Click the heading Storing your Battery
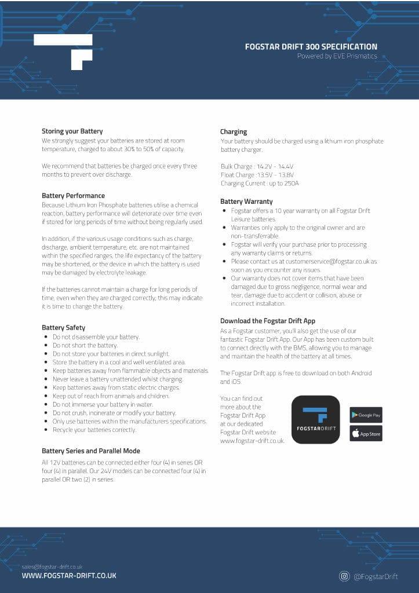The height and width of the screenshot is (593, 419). [x=72, y=131]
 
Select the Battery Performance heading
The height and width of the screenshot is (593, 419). [x=73, y=196]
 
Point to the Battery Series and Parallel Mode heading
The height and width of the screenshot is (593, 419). [x=90, y=451]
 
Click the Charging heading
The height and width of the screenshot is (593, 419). [x=234, y=131]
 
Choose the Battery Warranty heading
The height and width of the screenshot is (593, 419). [x=246, y=202]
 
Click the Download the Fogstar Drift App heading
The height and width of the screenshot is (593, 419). [x=268, y=321]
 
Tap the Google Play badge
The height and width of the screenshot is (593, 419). [x=366, y=415]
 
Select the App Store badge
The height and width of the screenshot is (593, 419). [x=366, y=433]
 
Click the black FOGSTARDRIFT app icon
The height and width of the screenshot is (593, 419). [x=315, y=419]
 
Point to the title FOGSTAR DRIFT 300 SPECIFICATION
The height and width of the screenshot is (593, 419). [x=311, y=47]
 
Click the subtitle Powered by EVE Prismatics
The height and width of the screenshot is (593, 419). [x=337, y=56]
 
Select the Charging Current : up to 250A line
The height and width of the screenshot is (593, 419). [x=260, y=184]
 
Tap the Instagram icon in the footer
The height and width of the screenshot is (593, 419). [x=344, y=576]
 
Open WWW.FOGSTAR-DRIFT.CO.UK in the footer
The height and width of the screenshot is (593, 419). [x=69, y=576]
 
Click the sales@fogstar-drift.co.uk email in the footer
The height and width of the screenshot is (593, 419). [x=52, y=566]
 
